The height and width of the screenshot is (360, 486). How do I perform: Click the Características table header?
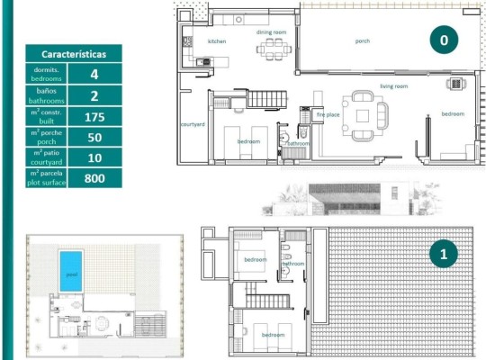(74, 54)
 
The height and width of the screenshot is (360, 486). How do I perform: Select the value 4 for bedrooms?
(94, 75)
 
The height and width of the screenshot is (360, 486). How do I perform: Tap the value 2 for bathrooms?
(94, 95)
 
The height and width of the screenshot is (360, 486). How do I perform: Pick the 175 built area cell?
(94, 116)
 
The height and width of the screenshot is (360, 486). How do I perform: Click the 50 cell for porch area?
(94, 137)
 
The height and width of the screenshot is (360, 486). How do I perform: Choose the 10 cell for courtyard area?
(94, 157)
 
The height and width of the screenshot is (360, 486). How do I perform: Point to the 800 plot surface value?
(94, 178)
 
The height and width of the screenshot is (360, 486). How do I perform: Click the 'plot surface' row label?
(46, 178)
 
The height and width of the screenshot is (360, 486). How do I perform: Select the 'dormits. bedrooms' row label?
(46, 75)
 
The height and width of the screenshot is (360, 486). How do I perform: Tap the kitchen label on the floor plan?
(216, 41)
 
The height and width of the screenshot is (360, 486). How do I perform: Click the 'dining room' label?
(271, 31)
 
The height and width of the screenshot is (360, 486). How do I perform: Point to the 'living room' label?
(393, 85)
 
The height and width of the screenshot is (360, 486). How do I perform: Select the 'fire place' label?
(327, 114)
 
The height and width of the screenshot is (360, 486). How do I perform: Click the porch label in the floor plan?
(362, 41)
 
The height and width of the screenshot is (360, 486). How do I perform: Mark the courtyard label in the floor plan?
(190, 123)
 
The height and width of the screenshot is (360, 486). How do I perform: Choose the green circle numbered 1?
(444, 255)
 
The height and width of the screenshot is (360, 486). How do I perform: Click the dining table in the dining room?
(272, 50)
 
